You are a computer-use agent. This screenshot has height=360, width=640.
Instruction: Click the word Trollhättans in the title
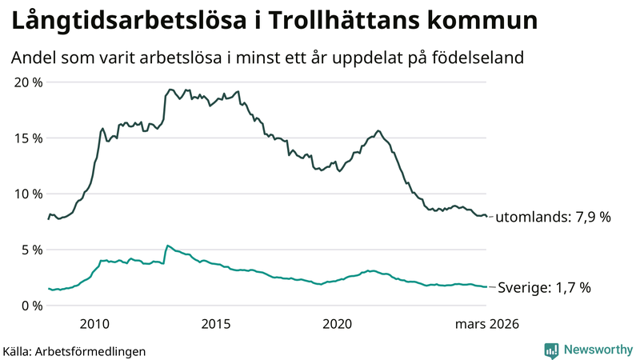coord(350,22)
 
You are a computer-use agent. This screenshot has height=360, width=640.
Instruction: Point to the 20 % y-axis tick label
coord(29,82)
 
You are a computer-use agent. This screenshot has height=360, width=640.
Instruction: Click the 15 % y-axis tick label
coord(29,138)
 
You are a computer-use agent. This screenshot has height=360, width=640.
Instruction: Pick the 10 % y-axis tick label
coord(29,194)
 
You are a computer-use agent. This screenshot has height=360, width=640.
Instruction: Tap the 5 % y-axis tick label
coord(32,250)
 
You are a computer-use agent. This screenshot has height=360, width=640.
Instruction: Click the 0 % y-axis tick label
coord(32,305)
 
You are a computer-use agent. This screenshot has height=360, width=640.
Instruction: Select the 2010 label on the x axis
coord(94,324)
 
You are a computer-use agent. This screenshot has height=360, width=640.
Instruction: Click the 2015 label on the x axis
coord(216,324)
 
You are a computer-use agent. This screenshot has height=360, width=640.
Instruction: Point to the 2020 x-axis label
coord(338,324)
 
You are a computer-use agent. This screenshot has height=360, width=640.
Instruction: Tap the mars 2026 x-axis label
coord(487,324)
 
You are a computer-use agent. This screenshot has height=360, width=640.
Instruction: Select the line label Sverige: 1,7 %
coord(544,288)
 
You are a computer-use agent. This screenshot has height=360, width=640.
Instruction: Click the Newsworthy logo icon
coord(551,350)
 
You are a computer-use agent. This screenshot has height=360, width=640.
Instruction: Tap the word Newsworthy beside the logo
coord(598,350)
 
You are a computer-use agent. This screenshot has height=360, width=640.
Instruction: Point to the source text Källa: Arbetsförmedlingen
coord(74,351)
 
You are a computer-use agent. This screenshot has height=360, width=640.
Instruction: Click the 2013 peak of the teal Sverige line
coord(167,246)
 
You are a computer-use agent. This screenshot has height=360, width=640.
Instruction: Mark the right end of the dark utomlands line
coord(486,216)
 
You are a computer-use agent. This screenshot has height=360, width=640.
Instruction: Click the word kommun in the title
coord(487,22)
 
